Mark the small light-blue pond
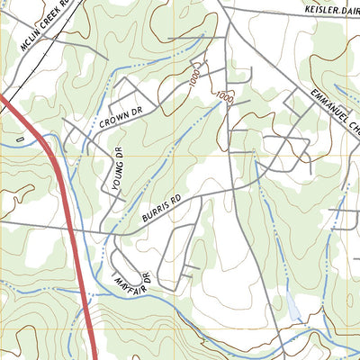click(293, 308)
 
